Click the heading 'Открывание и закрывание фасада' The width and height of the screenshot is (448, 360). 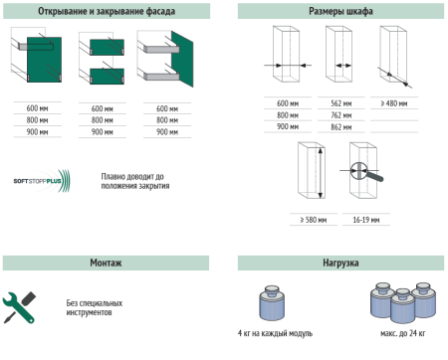click(x=107, y=11)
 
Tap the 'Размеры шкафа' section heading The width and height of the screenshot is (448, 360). click(x=340, y=11)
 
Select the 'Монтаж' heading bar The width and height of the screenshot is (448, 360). click(x=106, y=263)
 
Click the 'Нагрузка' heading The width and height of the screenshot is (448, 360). click(x=340, y=263)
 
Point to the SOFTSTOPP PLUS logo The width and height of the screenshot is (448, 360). click(x=42, y=181)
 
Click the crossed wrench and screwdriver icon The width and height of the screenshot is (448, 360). click(x=19, y=307)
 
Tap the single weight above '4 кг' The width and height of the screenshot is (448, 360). click(x=272, y=302)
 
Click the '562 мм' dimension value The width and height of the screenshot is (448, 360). click(x=341, y=103)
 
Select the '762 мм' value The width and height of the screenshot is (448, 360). click(x=341, y=115)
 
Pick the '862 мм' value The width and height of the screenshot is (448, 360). click(x=341, y=127)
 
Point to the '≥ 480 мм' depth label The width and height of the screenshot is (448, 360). click(x=394, y=103)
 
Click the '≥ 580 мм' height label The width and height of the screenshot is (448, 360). click(x=314, y=220)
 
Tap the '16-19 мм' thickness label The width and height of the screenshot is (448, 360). click(x=366, y=220)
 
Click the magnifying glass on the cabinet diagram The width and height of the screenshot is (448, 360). click(x=365, y=172)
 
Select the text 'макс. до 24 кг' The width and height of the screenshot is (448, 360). click(x=402, y=333)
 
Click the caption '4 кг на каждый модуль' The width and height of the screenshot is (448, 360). click(x=275, y=333)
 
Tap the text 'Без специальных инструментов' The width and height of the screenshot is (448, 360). click(x=95, y=307)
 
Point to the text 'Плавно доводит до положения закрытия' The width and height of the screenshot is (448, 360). click(x=135, y=181)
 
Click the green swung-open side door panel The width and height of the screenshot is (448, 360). click(x=182, y=60)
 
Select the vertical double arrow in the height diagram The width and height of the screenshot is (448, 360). click(x=321, y=173)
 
